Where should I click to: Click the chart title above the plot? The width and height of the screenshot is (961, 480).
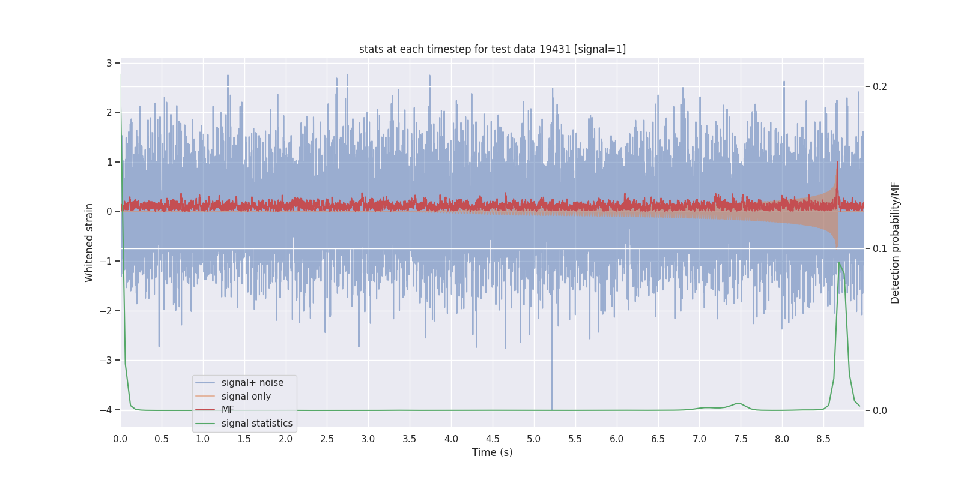(493, 49)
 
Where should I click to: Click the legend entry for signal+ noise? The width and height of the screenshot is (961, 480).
(252, 383)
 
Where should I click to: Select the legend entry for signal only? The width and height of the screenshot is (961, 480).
(246, 397)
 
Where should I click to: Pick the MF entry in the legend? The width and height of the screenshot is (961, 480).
(228, 410)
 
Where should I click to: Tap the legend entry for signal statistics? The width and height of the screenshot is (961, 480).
(256, 424)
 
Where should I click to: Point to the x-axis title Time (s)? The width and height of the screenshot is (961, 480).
(492, 452)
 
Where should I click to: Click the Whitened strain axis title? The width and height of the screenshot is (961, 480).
(89, 242)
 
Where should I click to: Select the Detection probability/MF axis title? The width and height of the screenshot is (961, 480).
(895, 242)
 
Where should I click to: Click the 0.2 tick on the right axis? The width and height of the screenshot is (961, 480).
(879, 87)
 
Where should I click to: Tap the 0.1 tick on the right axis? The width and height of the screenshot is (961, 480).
(879, 249)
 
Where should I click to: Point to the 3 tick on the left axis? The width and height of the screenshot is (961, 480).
(109, 63)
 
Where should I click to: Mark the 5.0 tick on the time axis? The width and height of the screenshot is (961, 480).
(533, 439)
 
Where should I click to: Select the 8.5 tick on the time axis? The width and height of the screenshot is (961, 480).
(823, 439)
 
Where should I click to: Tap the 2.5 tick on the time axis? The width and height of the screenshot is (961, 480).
(327, 439)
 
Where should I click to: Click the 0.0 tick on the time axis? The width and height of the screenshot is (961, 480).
(120, 439)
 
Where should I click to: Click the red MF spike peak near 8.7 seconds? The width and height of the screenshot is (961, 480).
(837, 162)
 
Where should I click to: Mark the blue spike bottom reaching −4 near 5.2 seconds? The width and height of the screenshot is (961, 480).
(551, 409)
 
